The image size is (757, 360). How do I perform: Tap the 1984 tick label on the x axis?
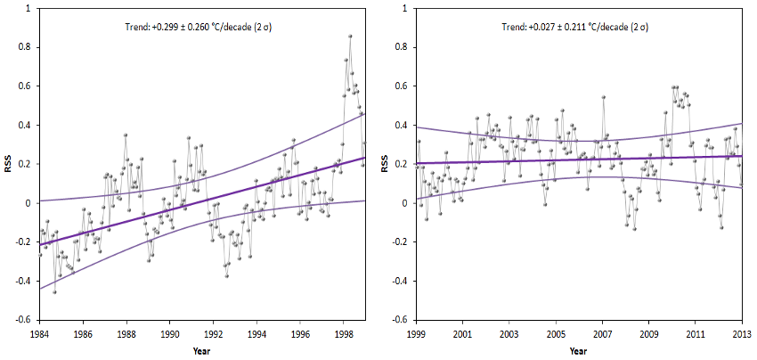coord(39,334)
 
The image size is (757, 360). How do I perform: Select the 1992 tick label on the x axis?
coord(214,334)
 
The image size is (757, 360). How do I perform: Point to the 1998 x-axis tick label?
coord(345,334)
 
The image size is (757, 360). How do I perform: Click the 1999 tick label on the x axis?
coord(416,334)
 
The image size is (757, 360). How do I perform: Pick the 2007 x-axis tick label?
coord(602,334)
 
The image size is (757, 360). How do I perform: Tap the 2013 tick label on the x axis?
coord(741,334)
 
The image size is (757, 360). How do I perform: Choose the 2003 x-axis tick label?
coord(509,334)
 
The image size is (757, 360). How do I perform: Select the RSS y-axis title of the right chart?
coord(384,164)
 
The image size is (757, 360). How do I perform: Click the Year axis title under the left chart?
coord(202,349)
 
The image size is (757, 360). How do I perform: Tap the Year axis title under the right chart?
coord(578,349)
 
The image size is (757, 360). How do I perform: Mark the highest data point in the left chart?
coord(350,37)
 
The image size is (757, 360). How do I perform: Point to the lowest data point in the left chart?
coord(54,291)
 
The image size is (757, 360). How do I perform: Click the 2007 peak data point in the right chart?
coord(603,97)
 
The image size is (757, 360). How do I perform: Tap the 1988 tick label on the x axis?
coord(126,334)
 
